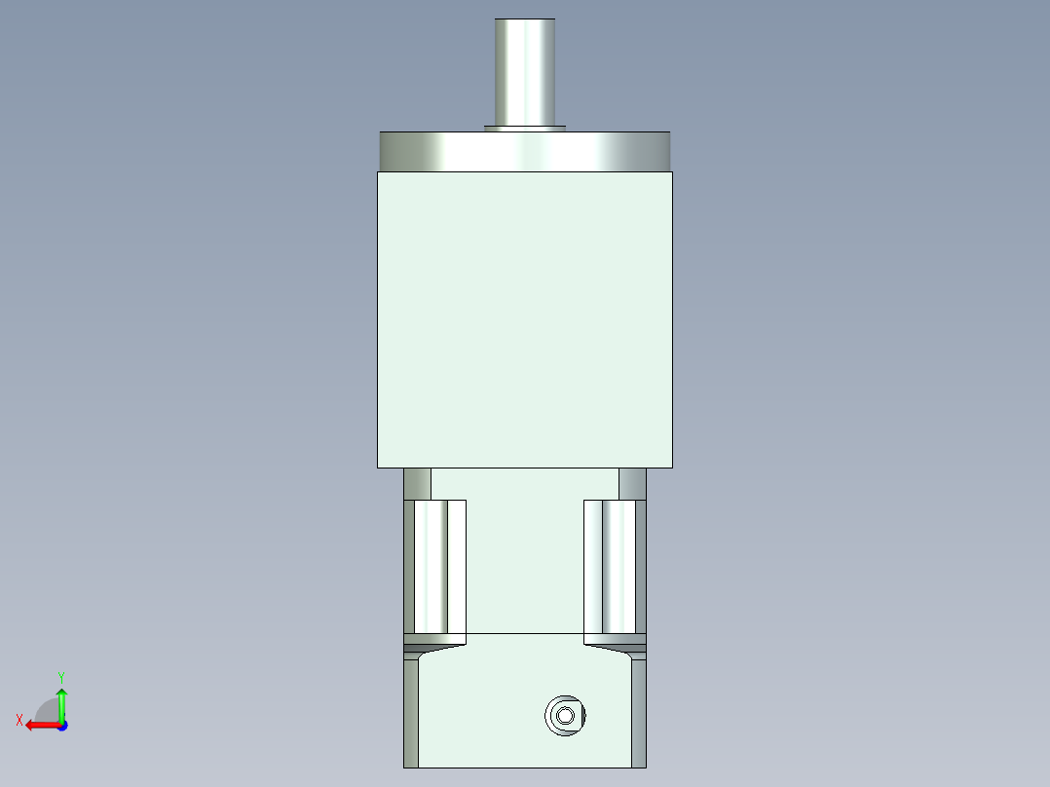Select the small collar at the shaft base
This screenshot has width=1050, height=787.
coord(525,127)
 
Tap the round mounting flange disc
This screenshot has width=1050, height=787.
coord(525,151)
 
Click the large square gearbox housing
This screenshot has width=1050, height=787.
coord(525,319)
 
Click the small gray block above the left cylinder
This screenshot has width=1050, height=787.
coord(417,483)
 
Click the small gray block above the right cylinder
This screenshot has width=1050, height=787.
coord(632,483)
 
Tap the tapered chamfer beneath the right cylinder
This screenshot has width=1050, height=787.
coord(615,645)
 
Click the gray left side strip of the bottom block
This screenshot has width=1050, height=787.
coord(410,711)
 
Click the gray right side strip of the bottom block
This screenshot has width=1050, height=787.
coord(639,711)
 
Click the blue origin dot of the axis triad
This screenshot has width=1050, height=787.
coord(61,726)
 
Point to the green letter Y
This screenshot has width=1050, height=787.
coord(60,676)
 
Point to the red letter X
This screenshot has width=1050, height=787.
coord(19,720)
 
